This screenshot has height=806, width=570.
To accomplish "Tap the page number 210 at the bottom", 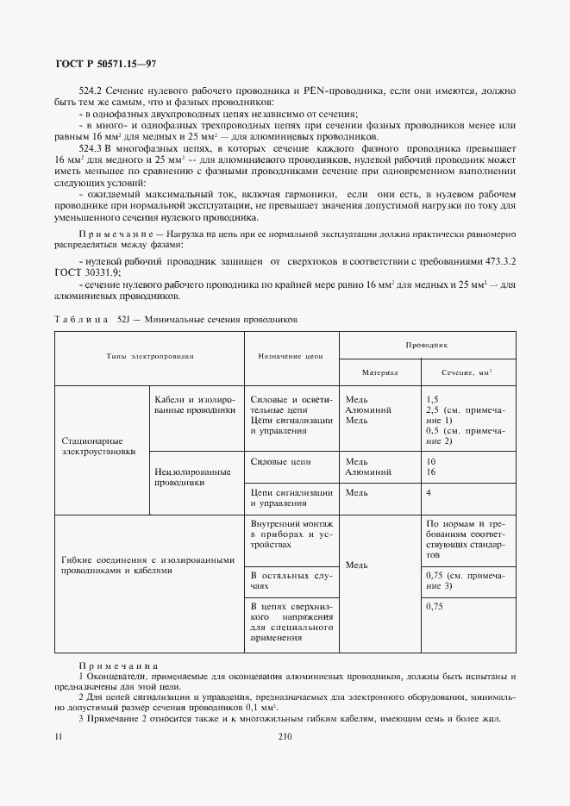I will [x=287, y=737].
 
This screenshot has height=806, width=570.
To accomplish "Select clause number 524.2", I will [x=91, y=91].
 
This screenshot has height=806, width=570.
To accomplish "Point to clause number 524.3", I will [x=91, y=148].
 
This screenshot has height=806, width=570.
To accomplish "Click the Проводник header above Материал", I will [x=425, y=344].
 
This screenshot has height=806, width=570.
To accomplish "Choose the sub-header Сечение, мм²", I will [x=467, y=372].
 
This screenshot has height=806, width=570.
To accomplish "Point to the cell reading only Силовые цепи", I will [x=279, y=461].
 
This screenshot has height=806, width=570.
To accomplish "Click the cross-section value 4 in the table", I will [x=429, y=492].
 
